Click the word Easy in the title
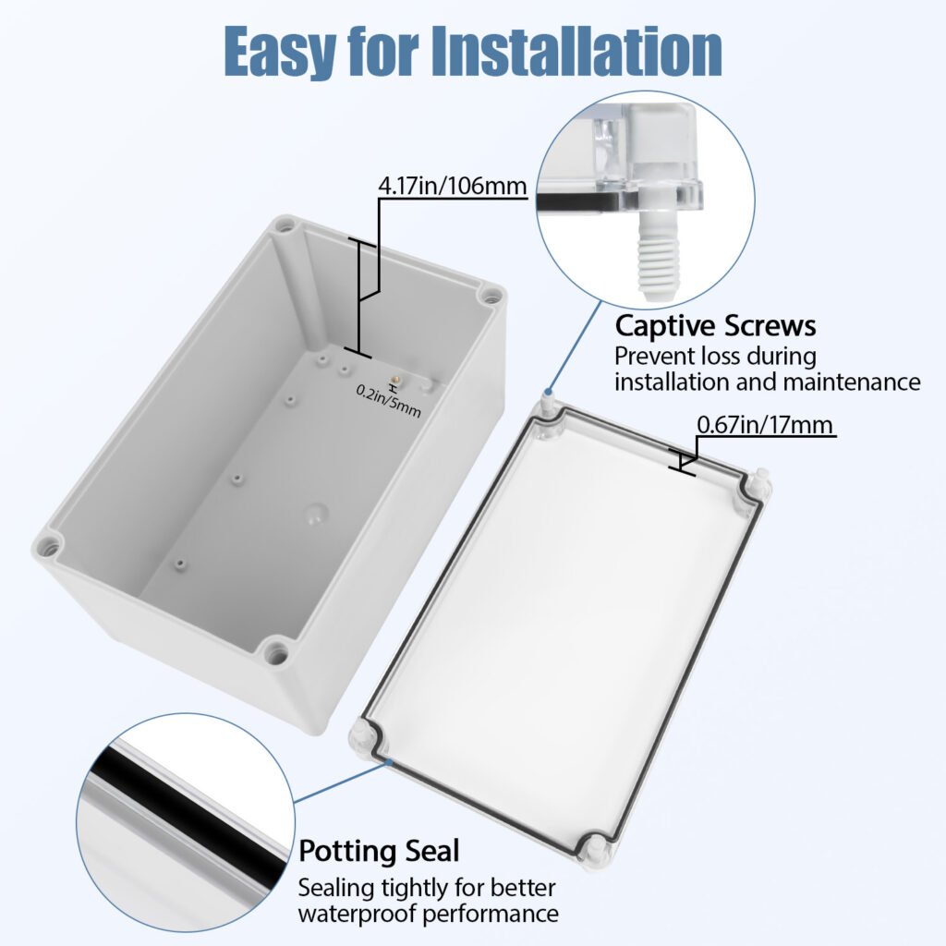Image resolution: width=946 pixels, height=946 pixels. pyautogui.click(x=280, y=53)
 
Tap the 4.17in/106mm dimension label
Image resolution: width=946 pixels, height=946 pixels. pyautogui.click(x=453, y=185)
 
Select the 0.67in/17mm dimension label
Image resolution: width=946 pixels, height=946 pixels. pyautogui.click(x=765, y=425)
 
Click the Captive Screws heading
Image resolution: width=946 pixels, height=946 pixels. pyautogui.click(x=716, y=326)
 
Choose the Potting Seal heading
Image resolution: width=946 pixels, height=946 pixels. pyautogui.click(x=379, y=851)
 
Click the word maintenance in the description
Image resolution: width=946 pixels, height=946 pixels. pyautogui.click(x=852, y=382)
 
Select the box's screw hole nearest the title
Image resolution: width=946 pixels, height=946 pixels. pyautogui.click(x=282, y=227)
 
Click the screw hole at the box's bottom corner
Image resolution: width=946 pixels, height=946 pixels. pyautogui.click(x=276, y=652)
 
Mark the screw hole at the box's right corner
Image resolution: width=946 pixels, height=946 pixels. pyautogui.click(x=490, y=297)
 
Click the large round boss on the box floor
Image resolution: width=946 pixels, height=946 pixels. pyautogui.click(x=314, y=514)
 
